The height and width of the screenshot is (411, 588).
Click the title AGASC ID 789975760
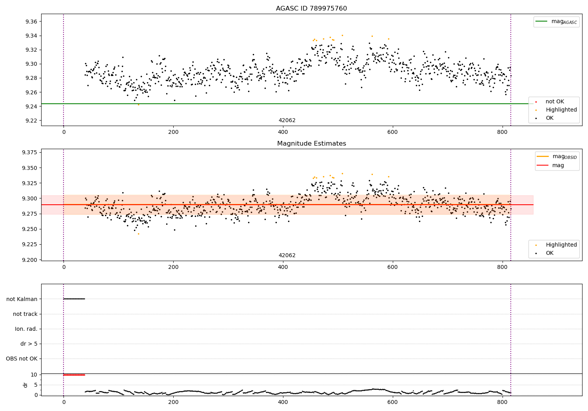click(x=311, y=9)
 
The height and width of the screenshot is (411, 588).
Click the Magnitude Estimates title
click(x=311, y=144)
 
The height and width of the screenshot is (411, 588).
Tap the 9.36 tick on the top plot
click(x=31, y=22)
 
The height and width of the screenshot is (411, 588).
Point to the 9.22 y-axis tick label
click(x=31, y=121)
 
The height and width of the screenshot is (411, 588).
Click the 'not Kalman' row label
click(x=22, y=299)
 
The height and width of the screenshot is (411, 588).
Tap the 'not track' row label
click(x=25, y=314)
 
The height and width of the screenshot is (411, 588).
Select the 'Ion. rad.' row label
click(x=26, y=329)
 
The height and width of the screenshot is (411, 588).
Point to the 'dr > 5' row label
click(x=29, y=344)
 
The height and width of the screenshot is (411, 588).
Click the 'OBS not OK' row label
click(x=22, y=359)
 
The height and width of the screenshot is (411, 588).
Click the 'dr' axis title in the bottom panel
click(x=25, y=385)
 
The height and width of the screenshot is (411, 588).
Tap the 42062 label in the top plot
click(x=287, y=121)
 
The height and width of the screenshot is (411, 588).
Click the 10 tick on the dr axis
click(x=34, y=375)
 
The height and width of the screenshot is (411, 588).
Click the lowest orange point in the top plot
click(x=138, y=105)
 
